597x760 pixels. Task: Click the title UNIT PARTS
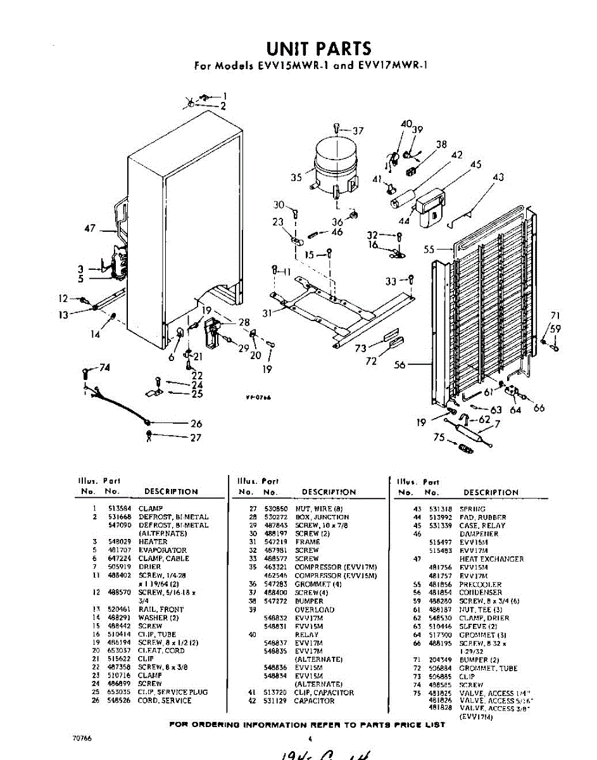(318, 49)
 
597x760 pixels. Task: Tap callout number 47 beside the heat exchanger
(90, 229)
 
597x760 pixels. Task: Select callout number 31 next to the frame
(267, 313)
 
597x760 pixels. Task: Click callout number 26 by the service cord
(196, 424)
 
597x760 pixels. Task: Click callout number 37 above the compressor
(358, 131)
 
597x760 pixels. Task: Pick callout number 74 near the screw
(104, 368)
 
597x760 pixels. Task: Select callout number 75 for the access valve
(439, 437)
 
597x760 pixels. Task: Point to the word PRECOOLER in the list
(481, 585)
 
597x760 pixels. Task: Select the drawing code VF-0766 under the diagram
(258, 398)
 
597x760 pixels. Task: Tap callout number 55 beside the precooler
(429, 249)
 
